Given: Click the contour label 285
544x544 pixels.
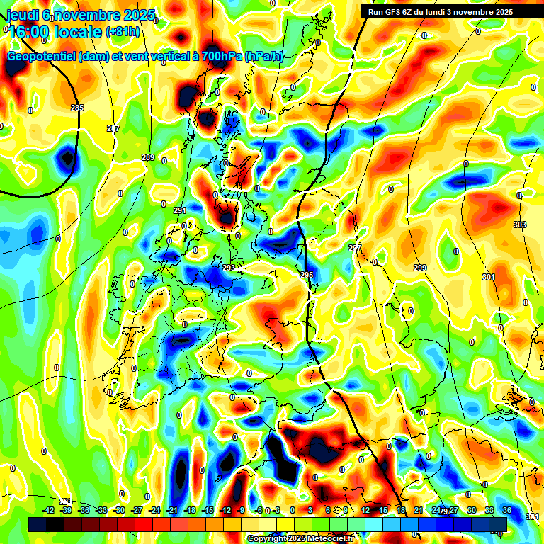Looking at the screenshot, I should pyautogui.click(x=77, y=108).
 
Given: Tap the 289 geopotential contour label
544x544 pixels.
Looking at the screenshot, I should pyautogui.click(x=148, y=157).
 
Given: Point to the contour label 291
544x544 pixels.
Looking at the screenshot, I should pyautogui.click(x=179, y=210).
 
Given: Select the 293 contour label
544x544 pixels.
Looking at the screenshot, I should pyautogui.click(x=228, y=268).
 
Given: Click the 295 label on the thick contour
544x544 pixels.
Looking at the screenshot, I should pyautogui.click(x=306, y=275).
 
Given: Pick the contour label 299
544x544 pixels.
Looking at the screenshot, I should pyautogui.click(x=420, y=267).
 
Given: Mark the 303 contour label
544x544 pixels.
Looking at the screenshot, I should pyautogui.click(x=520, y=225).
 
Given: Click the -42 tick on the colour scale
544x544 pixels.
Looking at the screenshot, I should pyautogui.click(x=49, y=510).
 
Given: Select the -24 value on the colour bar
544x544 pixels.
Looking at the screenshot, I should pyautogui.click(x=155, y=510).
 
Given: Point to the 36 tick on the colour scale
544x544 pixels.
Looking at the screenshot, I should pyautogui.click(x=507, y=510).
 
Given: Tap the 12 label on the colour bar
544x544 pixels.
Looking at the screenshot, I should pyautogui.click(x=365, y=510).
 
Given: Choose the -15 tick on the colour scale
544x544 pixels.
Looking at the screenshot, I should pyautogui.click(x=208, y=510).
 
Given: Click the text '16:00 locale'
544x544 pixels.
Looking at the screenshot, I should pyautogui.click(x=55, y=31).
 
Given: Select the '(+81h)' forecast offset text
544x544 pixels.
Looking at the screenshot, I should pyautogui.click(x=123, y=31).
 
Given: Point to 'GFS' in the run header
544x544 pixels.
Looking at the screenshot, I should pyautogui.click(x=392, y=11).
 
